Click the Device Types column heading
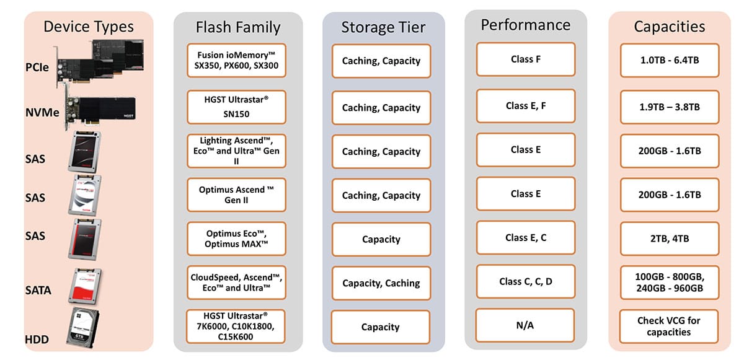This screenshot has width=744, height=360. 89,27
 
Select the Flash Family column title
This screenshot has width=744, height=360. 238,27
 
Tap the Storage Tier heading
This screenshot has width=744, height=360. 383,27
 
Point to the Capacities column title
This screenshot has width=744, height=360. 669,27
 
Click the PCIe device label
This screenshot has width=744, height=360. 37,68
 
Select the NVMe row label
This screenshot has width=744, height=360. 42,113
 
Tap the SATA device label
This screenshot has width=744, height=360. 38,291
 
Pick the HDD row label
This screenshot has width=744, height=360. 37,340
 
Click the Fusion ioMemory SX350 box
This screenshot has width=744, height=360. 236,60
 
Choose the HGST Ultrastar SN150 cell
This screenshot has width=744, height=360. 236,107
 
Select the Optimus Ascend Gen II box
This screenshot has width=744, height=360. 236,195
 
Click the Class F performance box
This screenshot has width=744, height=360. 526,59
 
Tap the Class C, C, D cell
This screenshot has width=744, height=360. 526,281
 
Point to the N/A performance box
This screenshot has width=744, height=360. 525,325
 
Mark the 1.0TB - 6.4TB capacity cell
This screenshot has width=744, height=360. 669,60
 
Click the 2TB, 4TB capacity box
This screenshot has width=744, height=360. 669,239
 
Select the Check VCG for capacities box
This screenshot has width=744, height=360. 668,327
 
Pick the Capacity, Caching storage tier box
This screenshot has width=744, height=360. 381,283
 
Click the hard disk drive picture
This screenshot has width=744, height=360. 82,328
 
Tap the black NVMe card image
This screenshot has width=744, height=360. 100,110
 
